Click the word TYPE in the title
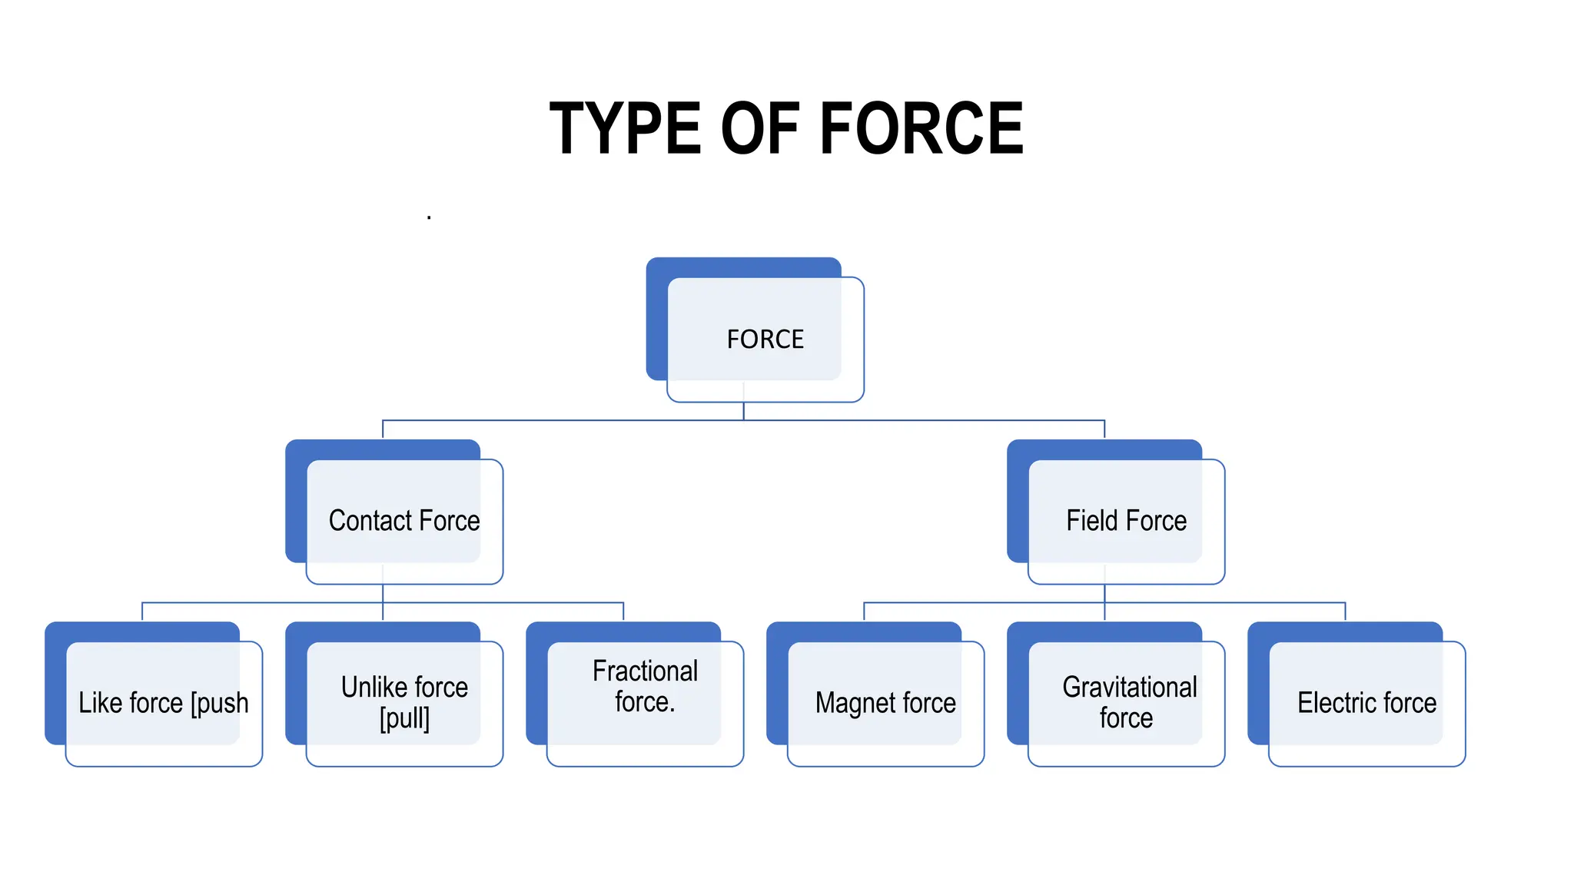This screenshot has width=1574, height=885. pyautogui.click(x=624, y=128)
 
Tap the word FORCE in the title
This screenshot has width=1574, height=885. pyautogui.click(x=921, y=128)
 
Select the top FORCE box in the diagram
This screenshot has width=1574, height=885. pyautogui.click(x=765, y=339)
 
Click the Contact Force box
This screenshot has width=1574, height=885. pyautogui.click(x=404, y=521)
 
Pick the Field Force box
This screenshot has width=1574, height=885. pyautogui.click(x=1126, y=521)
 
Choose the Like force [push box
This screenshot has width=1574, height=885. pyautogui.click(x=164, y=703)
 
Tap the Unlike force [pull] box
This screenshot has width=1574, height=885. pyautogui.click(x=404, y=703)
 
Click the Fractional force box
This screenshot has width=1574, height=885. pyautogui.click(x=645, y=703)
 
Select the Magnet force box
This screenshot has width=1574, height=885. pyautogui.click(x=885, y=703)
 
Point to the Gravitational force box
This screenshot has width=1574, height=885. pyautogui.click(x=1126, y=703)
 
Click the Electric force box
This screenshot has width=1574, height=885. pyautogui.click(x=1366, y=703)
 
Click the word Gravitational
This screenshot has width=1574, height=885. pyautogui.click(x=1129, y=687)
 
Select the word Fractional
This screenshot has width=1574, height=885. pyautogui.click(x=645, y=671)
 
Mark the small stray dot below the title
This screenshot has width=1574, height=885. pyautogui.click(x=429, y=218)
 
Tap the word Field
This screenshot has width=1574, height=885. pyautogui.click(x=1092, y=521)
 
